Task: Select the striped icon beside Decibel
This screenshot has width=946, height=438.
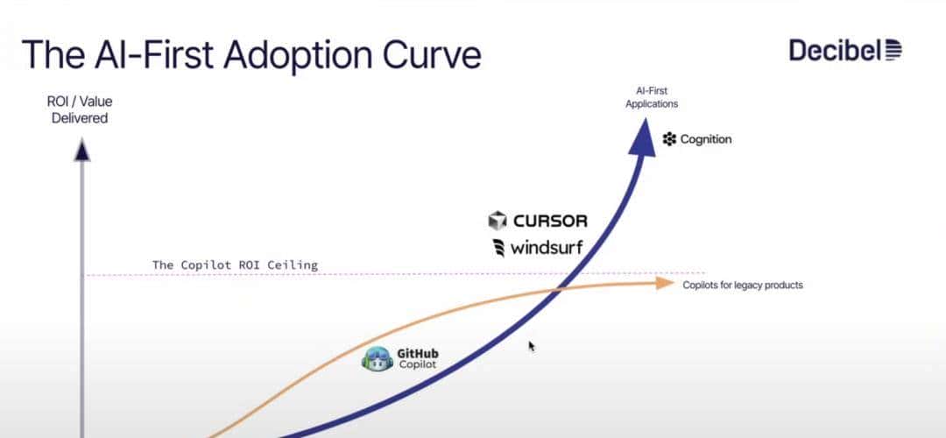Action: point(893,50)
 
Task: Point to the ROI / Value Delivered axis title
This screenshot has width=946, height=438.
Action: point(80,109)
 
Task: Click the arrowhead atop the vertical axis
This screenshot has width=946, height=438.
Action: point(81,150)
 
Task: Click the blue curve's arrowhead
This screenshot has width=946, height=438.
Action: point(643,138)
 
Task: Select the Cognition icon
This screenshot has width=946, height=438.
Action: point(670,139)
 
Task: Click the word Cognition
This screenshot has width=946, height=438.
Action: point(705,139)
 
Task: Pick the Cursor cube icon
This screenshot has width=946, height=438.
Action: point(498,221)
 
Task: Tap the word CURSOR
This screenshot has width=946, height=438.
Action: point(550,221)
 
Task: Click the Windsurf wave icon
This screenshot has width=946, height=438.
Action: point(498,248)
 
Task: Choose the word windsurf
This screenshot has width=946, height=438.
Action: point(547,248)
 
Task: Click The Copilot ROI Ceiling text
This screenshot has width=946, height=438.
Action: point(235,265)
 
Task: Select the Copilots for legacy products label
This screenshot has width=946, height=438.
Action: point(743,286)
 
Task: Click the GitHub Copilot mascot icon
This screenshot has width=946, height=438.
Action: point(378,359)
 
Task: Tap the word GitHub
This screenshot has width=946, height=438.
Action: point(418,354)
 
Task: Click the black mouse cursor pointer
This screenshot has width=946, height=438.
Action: point(532,346)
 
